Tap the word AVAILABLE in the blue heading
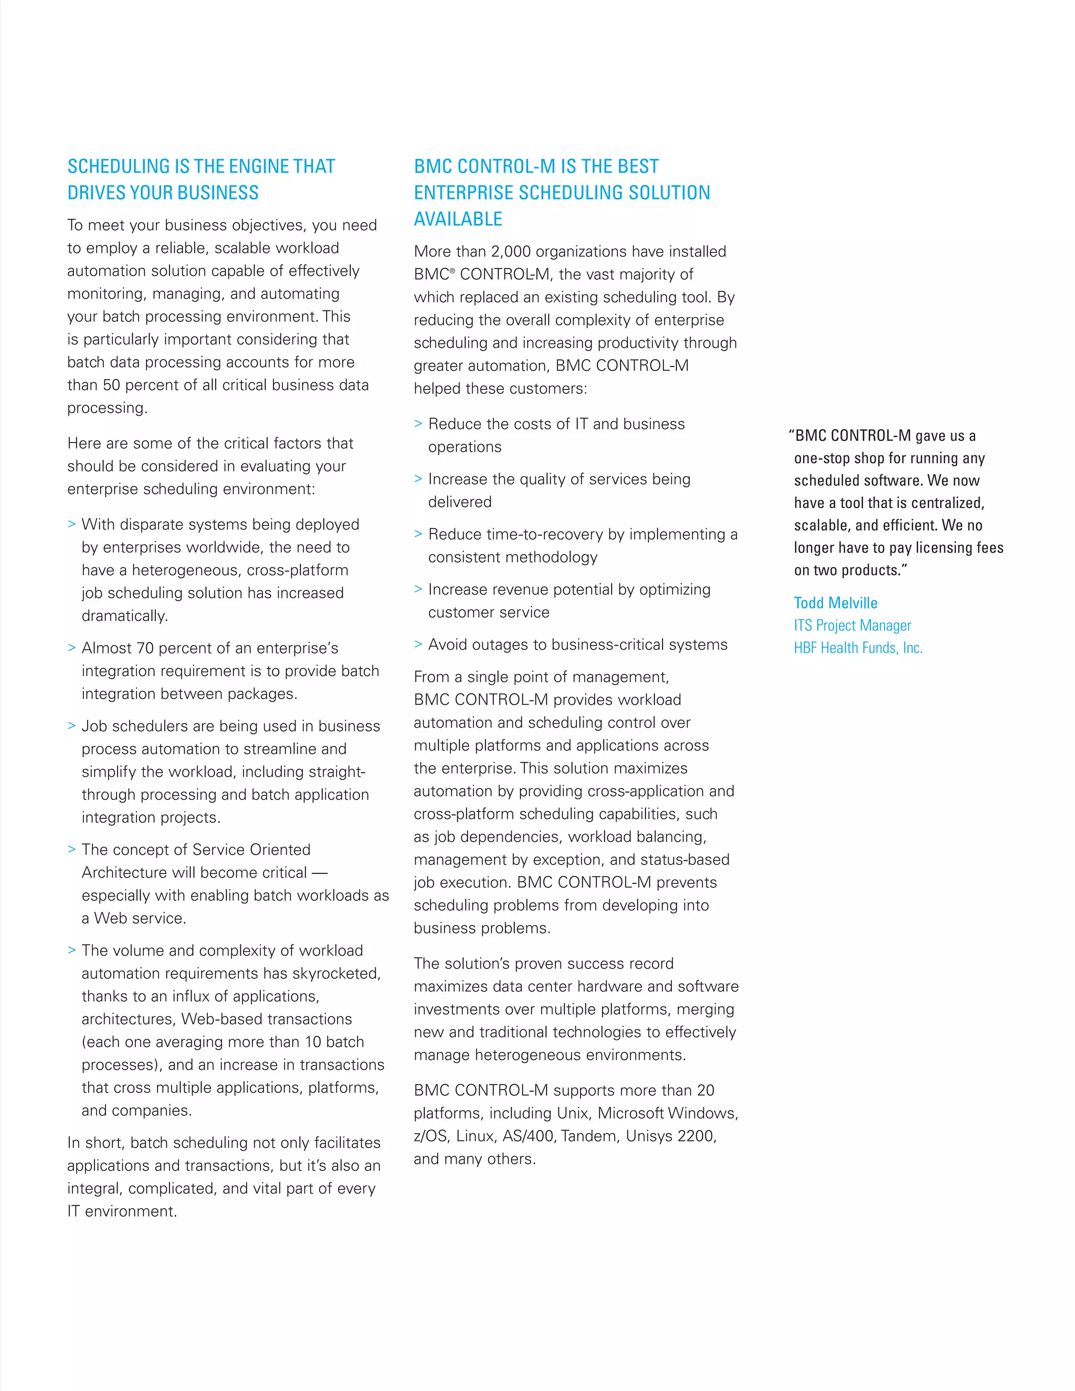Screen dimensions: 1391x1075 click(458, 219)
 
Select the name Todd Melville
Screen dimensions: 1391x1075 click(836, 603)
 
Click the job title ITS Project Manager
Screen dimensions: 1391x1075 click(852, 626)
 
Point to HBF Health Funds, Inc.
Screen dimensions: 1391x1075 click(858, 648)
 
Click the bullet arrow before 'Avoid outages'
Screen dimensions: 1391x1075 click(418, 644)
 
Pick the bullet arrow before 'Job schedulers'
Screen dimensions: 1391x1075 click(71, 725)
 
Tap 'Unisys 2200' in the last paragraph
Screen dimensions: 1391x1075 click(671, 1136)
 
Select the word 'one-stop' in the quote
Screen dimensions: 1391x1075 click(821, 459)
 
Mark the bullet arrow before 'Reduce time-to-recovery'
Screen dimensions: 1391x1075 click(418, 534)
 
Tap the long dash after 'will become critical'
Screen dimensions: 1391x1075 click(319, 872)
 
